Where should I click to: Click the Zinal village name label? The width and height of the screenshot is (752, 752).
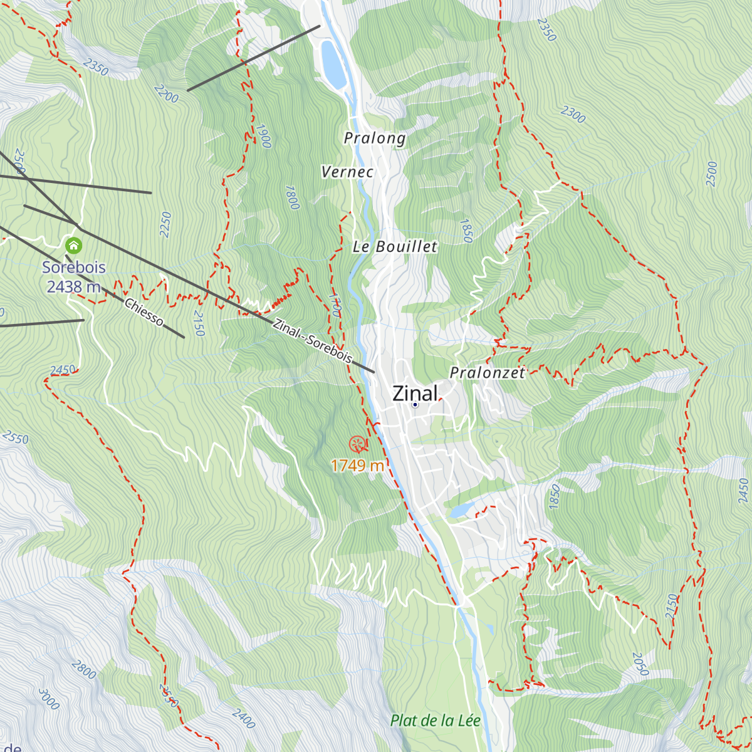(x=414, y=393)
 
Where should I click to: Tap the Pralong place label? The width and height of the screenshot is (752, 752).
(x=375, y=138)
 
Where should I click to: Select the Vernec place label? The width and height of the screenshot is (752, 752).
(x=347, y=172)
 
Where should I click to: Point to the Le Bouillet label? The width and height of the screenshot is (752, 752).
(x=395, y=247)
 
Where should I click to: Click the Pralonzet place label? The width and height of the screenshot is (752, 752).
(x=488, y=373)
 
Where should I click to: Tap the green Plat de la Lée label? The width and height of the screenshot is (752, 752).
(x=435, y=721)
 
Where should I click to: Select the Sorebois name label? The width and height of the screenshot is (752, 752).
(x=74, y=268)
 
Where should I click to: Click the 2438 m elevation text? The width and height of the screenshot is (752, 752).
(x=74, y=287)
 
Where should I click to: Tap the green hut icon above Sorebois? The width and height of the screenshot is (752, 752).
(x=74, y=244)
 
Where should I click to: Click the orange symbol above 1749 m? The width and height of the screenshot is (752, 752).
(x=358, y=444)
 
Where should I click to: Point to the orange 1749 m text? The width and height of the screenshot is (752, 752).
(x=357, y=466)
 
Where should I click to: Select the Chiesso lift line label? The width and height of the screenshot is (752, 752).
(x=144, y=312)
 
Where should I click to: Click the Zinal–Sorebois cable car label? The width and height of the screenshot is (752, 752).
(x=312, y=342)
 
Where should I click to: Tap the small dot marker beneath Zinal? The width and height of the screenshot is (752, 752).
(x=415, y=405)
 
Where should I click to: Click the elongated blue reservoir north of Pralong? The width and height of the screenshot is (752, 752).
(x=332, y=65)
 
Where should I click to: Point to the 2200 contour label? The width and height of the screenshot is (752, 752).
(x=165, y=94)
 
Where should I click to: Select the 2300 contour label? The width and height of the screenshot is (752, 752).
(x=573, y=114)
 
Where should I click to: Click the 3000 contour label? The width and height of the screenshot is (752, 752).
(x=49, y=699)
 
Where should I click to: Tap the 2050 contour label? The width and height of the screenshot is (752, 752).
(x=640, y=664)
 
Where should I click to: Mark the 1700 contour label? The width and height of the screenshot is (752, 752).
(x=335, y=305)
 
